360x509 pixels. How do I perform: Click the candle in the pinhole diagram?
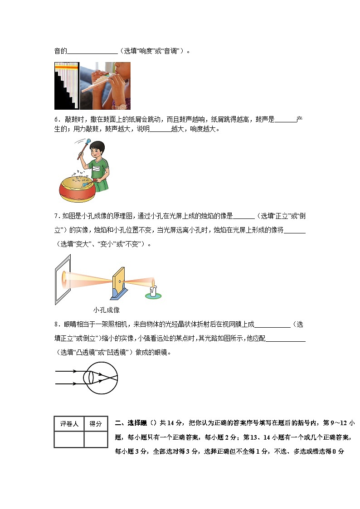(154, 291)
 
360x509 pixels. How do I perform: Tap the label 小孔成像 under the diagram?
(106, 310)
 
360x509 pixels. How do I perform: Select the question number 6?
(57, 119)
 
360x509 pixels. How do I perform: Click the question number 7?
(57, 216)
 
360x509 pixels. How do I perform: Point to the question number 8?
(57, 325)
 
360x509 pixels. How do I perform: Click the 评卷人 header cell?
(69, 424)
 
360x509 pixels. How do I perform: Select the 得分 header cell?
(96, 424)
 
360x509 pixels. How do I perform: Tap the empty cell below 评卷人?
(69, 439)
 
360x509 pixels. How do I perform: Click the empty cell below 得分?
(96, 439)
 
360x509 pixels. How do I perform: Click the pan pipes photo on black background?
(67, 86)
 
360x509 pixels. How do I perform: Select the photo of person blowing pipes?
(105, 86)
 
